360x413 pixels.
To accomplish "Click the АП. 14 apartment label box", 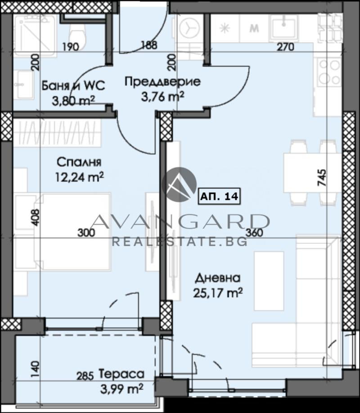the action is pos(219,196).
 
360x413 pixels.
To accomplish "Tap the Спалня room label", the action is pos(79,162).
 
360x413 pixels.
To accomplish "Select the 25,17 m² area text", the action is pos(218,293).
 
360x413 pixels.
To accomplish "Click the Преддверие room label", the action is pos(162,82).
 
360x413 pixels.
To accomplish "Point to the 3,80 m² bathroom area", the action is pos(73,100).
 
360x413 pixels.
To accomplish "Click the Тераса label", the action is pos(121,374).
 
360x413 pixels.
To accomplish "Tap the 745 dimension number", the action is pos(323,177).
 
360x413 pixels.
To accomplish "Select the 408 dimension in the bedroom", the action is pos(36,217).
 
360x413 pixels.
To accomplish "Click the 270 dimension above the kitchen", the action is pos(285,47).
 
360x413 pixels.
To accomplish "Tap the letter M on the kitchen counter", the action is pos(254,28).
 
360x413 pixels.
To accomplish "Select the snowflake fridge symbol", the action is pos(225,28).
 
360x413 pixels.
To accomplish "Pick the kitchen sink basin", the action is pos(283,26).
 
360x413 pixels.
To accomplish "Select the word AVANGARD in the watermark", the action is pos(180,221).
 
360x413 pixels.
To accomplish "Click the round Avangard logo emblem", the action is pos(179,184).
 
